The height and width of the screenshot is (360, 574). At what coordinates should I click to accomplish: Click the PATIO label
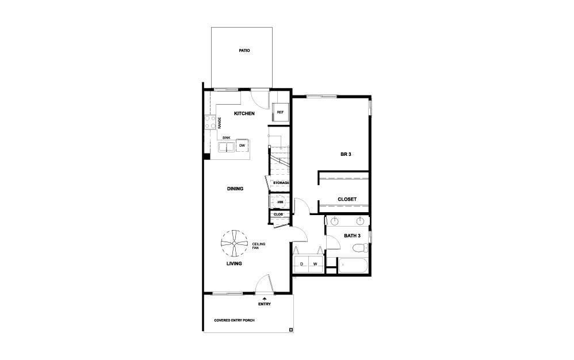click(244, 51)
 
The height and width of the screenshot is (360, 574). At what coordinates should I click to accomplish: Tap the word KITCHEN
click(244, 113)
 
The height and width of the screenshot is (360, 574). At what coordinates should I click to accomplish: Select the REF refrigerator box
click(280, 112)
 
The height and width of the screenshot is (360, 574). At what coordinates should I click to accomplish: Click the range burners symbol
click(210, 122)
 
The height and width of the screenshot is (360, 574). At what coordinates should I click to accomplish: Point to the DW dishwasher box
click(242, 145)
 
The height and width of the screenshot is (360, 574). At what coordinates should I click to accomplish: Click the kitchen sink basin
click(226, 147)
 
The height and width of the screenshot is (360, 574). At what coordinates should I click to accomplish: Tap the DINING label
click(235, 189)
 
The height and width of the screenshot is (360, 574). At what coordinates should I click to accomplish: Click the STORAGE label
click(281, 183)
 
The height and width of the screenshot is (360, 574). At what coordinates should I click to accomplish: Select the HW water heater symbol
click(280, 202)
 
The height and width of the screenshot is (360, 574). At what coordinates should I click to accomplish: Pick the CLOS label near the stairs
click(278, 215)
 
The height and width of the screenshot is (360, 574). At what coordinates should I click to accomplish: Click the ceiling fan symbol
click(234, 243)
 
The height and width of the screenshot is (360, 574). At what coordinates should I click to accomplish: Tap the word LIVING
click(234, 263)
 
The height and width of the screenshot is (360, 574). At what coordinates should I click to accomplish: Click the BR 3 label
click(346, 154)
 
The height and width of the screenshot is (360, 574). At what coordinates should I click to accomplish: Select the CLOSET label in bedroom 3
click(347, 200)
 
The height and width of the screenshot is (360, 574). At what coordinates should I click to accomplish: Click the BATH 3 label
click(352, 236)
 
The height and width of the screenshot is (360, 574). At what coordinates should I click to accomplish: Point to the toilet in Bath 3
click(360, 248)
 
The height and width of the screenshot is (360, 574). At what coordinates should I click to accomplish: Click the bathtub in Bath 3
click(353, 266)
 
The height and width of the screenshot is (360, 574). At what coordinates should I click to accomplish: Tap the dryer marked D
click(301, 264)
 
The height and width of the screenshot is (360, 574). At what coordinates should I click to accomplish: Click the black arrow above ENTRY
click(265, 299)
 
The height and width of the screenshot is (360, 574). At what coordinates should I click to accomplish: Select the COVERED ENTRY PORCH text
click(234, 320)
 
